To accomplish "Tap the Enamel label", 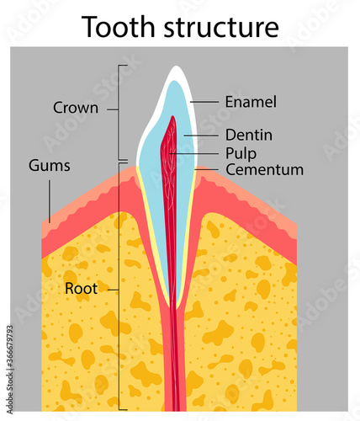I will tap(250, 102).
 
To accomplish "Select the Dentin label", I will tap(248, 135).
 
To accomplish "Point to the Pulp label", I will tap(241, 153).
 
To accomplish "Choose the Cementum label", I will tap(264, 170).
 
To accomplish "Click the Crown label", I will tap(76, 108).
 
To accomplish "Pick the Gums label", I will tap(49, 166).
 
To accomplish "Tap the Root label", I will tap(81, 288).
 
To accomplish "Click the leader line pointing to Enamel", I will tap(205, 102).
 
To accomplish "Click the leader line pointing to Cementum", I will tap(210, 170).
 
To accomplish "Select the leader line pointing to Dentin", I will tap(202, 135).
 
